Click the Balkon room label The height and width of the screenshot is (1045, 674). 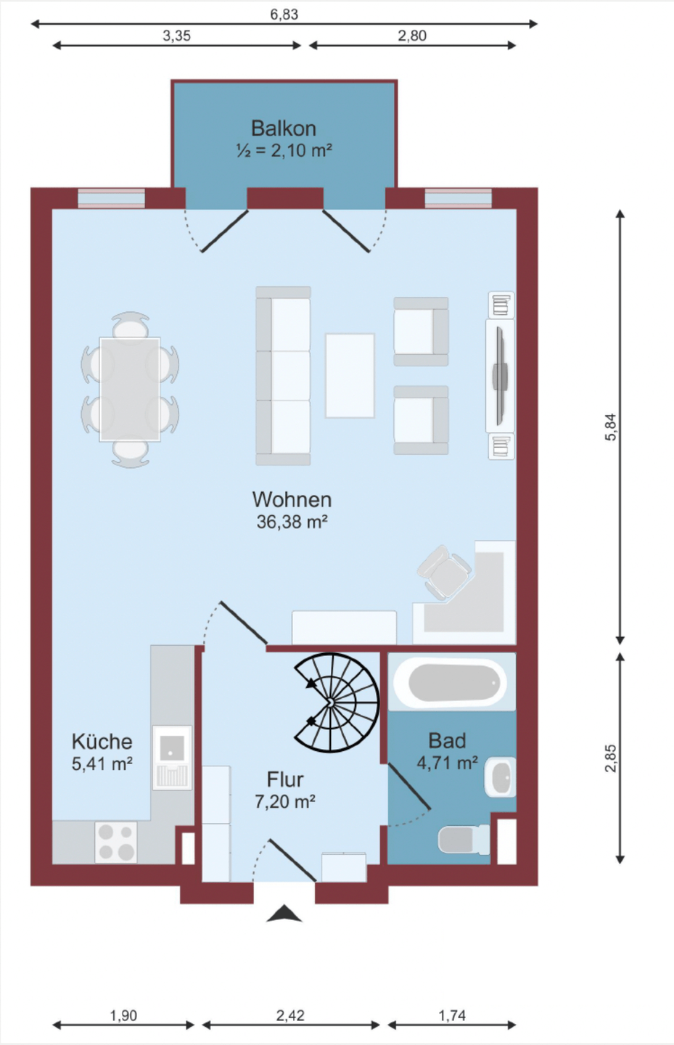[x=284, y=128]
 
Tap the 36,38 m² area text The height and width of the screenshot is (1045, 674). [x=292, y=522]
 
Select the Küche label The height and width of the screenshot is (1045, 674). [x=102, y=742]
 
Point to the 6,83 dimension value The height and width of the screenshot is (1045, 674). [x=284, y=15]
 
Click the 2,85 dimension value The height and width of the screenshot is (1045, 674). [x=611, y=758]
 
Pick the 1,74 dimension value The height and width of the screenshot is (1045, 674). [x=452, y=1015]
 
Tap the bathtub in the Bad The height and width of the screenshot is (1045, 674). [x=450, y=683]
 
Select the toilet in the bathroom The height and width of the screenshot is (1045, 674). [x=464, y=840]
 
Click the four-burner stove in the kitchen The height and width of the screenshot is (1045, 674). [x=116, y=842]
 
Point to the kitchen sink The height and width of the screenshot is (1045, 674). [x=172, y=758]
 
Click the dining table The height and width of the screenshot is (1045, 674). [x=130, y=390]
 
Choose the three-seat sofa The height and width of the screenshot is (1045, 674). [x=283, y=376]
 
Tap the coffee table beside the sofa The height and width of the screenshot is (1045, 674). [x=350, y=376]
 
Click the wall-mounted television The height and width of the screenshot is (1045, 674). [x=501, y=376]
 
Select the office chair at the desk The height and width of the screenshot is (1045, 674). [x=444, y=573]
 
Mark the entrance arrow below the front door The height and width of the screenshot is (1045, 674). [x=284, y=914]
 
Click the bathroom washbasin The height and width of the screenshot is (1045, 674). [x=501, y=776]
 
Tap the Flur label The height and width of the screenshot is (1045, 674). [x=285, y=779]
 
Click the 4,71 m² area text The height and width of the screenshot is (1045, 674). [x=448, y=763]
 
